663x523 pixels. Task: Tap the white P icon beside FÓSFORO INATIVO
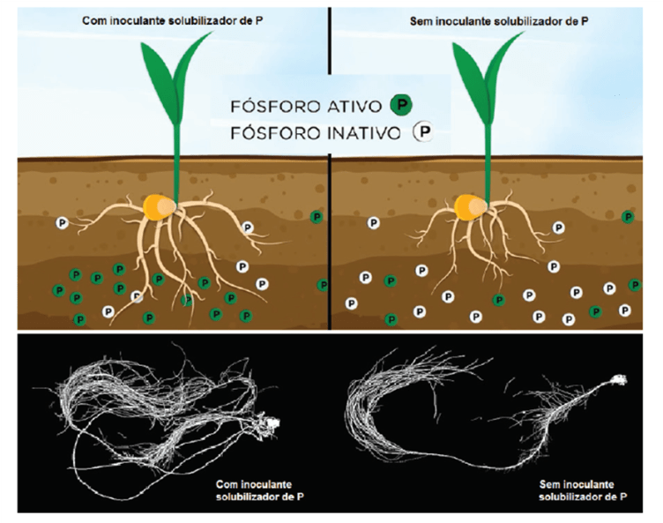click(424, 133)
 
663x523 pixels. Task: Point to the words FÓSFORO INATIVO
click(316, 133)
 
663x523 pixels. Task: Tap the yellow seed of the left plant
click(158, 207)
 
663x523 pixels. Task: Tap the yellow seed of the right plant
click(469, 207)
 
